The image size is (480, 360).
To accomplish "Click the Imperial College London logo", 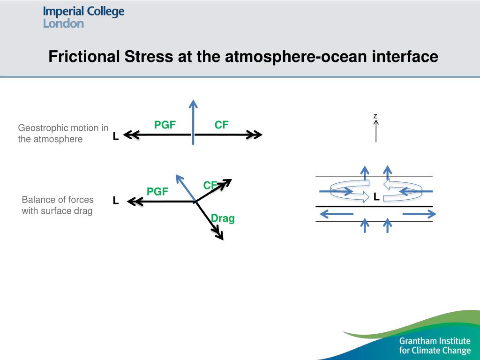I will tap(83, 17).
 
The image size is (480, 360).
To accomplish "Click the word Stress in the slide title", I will tap(148, 57).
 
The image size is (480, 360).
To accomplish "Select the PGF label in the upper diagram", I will tap(165, 125).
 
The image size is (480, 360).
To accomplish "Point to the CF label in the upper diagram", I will tap(222, 125).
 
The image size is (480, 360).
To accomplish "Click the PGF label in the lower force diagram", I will tap(157, 191).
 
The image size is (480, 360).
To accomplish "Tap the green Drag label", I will tap(223, 218).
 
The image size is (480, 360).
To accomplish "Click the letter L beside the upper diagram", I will tap(115, 136).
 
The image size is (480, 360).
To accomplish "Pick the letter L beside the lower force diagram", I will tap(115, 201).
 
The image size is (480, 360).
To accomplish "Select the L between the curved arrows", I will tap(376, 197).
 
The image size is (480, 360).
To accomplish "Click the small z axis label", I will tap(375, 115).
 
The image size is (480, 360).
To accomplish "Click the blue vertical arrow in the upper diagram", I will tap(193, 122).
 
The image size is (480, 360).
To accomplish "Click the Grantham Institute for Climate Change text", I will tap(435, 345).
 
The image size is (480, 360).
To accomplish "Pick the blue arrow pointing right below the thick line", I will tap(419, 214).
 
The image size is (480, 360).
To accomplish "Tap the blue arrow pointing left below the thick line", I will tap(336, 214).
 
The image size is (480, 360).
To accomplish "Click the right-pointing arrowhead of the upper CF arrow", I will tap(256, 135).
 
